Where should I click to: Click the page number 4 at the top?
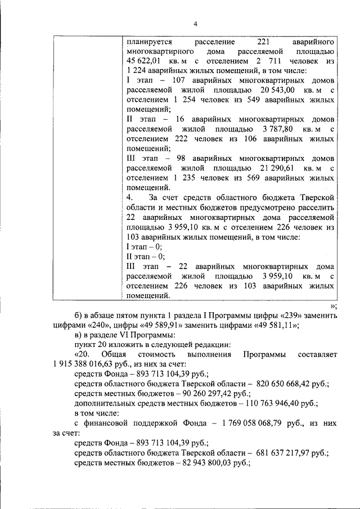195,23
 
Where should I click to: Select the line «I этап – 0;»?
144,246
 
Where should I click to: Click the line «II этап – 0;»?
146,256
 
